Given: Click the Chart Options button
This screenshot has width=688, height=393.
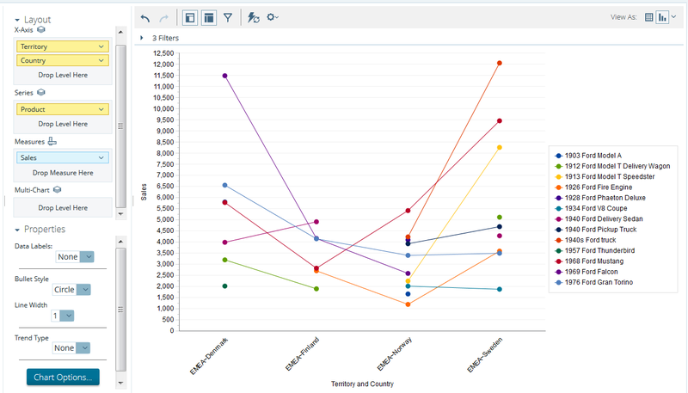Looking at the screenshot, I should click(63, 377).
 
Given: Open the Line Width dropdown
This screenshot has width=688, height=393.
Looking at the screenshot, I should click(63, 316).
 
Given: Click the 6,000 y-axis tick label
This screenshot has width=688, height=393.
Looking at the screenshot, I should click(164, 198).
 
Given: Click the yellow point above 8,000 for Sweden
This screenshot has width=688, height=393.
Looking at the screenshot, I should click(499, 148).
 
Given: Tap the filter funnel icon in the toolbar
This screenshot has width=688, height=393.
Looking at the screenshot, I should click(228, 16).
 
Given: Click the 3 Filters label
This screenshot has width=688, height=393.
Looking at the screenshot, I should click(165, 38).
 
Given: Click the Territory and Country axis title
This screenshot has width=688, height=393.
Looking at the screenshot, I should click(361, 384).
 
